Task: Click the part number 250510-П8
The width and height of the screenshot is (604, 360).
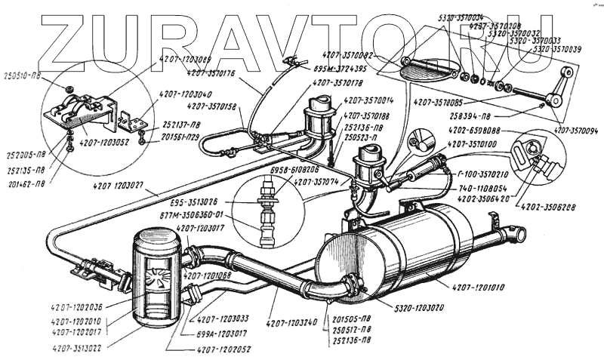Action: click(22, 76)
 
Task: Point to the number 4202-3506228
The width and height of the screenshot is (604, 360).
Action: click(565, 204)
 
